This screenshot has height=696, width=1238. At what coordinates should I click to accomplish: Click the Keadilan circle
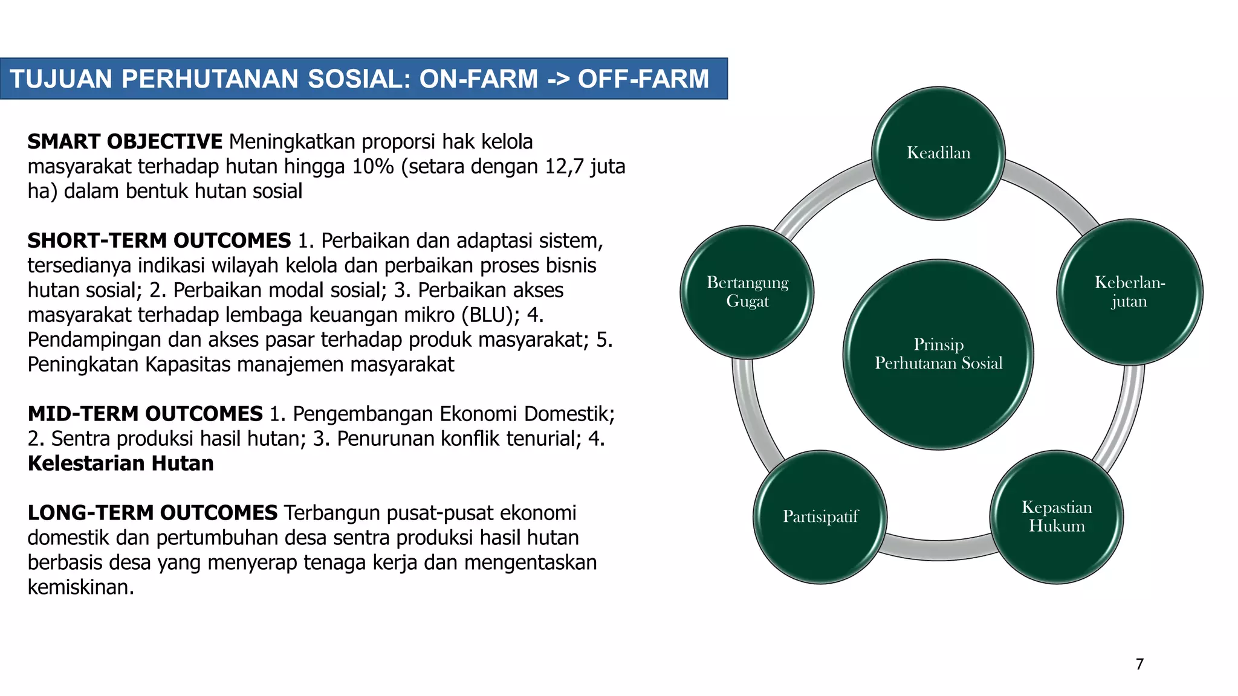938,153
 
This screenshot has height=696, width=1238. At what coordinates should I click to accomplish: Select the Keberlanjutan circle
1129,292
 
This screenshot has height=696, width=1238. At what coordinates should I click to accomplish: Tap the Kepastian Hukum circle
1057,517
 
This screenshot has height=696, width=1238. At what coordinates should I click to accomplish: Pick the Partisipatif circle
820,517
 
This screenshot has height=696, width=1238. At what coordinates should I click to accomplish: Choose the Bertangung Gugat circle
747,292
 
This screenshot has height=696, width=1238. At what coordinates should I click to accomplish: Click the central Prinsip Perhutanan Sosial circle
938,355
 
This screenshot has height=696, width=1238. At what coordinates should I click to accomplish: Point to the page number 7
1139,664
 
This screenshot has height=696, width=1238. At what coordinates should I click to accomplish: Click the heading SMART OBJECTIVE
125,141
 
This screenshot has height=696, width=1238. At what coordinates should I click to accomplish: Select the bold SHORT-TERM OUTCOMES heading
159,240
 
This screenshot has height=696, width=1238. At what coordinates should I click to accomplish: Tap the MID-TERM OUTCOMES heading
145,414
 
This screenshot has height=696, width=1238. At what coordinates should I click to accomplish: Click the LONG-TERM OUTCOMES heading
152,513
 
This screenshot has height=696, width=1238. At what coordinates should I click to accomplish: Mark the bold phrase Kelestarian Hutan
121,463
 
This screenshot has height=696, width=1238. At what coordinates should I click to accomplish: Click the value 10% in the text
373,166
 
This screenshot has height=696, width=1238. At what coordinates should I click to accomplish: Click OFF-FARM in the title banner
643,79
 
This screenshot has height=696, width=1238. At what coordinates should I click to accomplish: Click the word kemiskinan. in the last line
80,587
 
